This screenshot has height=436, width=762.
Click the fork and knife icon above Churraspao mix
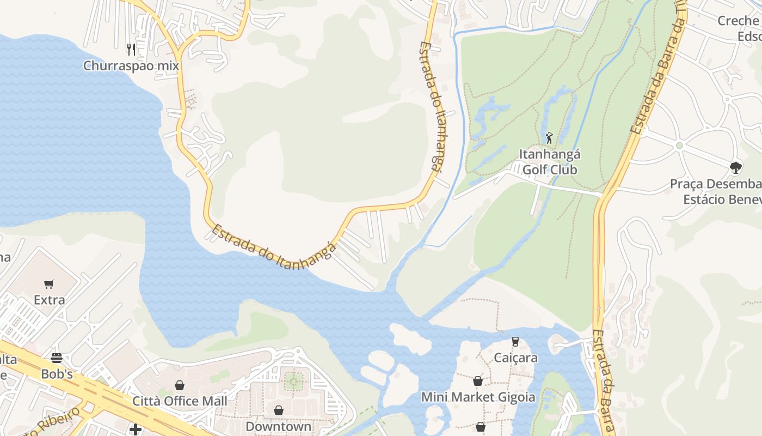pyautogui.click(x=131, y=50)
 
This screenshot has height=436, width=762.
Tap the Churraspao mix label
pyautogui.click(x=131, y=66)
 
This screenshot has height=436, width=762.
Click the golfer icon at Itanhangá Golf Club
pyautogui.click(x=549, y=138)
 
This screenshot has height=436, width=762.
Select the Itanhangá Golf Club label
pyautogui.click(x=549, y=162)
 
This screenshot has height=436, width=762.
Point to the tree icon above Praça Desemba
pyautogui.click(x=736, y=167)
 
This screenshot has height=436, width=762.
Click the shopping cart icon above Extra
pyautogui.click(x=49, y=284)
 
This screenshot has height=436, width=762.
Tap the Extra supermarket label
pyautogui.click(x=49, y=300)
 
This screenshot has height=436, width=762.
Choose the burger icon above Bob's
pyautogui.click(x=57, y=358)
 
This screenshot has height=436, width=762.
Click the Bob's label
pyautogui.click(x=57, y=374)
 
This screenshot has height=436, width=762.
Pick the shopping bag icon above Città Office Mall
pyautogui.click(x=180, y=385)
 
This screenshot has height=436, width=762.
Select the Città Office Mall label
pyautogui.click(x=180, y=401)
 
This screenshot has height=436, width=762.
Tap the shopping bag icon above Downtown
pyautogui.click(x=279, y=410)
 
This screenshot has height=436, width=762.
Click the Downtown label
pyautogui.click(x=279, y=426)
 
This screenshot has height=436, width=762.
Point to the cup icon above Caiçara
pyautogui.click(x=515, y=342)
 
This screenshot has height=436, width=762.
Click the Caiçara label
pyautogui.click(x=515, y=358)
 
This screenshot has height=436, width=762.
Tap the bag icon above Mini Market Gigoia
pyautogui.click(x=478, y=381)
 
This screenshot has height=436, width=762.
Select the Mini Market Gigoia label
pyautogui.click(x=478, y=397)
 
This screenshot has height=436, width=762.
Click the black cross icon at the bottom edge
pyautogui.click(x=136, y=430)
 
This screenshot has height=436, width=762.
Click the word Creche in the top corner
pyautogui.click(x=738, y=21)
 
